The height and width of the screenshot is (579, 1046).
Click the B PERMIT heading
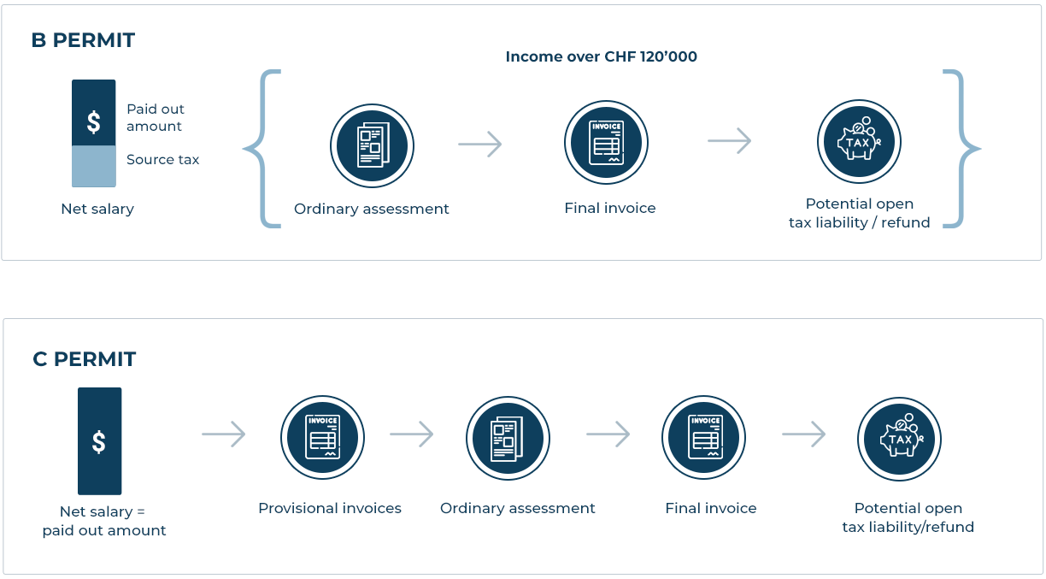click(x=83, y=40)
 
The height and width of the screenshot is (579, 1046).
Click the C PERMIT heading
click(x=84, y=359)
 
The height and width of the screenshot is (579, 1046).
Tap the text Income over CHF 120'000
click(x=601, y=57)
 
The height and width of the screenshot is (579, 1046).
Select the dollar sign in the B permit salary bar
click(x=93, y=121)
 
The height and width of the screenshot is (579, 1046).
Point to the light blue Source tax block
click(x=93, y=166)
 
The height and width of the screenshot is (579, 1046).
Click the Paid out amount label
click(x=156, y=117)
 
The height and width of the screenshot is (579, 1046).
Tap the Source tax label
click(x=162, y=160)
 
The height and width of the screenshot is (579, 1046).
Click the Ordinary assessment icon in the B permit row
click(x=372, y=145)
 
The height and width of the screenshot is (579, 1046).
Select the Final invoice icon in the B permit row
click(x=606, y=143)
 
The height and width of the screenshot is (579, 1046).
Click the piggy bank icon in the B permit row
click(x=859, y=142)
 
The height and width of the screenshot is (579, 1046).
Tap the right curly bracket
click(x=962, y=149)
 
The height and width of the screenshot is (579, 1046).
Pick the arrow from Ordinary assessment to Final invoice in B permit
click(x=480, y=145)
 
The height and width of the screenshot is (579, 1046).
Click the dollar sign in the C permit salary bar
click(x=99, y=442)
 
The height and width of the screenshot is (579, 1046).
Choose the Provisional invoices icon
click(x=322, y=437)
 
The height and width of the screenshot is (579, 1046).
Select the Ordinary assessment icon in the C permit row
click(x=508, y=437)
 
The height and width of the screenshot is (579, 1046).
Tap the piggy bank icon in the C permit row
click(x=899, y=439)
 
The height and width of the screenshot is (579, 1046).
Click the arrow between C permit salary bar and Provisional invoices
click(x=224, y=435)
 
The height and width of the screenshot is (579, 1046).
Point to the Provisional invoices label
click(x=330, y=508)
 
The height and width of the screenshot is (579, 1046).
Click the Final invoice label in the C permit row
click(x=711, y=508)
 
